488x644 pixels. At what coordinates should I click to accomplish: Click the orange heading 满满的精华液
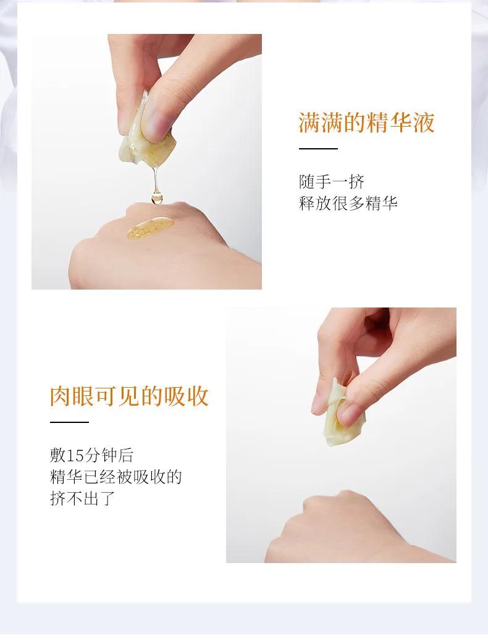pos(366,122)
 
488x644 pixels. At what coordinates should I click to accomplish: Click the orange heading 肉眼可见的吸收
pos(129,396)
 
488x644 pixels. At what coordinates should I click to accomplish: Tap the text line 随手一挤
pos(332,182)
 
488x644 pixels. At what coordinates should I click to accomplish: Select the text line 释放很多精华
pos(348,203)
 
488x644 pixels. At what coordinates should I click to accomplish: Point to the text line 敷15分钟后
pos(91,455)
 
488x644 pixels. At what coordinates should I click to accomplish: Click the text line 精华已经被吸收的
pos(116,477)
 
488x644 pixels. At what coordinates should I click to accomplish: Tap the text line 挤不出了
pos(82,499)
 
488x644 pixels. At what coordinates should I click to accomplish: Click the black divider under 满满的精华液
pos(318,149)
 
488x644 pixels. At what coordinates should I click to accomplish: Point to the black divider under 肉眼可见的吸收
pos(69,422)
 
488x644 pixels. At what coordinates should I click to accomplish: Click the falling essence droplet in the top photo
pos(156,198)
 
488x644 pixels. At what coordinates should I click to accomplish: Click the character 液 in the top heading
pos(424,122)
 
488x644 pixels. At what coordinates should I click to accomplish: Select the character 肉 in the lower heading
pos(61,396)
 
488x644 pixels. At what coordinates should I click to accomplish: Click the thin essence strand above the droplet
pos(155,177)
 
